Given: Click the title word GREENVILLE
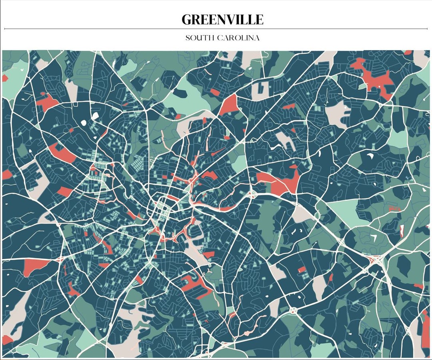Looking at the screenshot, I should (x=222, y=19).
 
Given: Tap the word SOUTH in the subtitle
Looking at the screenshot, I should (x=199, y=38).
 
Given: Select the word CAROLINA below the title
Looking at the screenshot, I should (x=238, y=38).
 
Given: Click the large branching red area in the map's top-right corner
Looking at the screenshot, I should (x=374, y=78).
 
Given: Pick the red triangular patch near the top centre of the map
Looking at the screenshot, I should (x=229, y=106).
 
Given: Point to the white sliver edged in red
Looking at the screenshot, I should (x=402, y=230).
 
